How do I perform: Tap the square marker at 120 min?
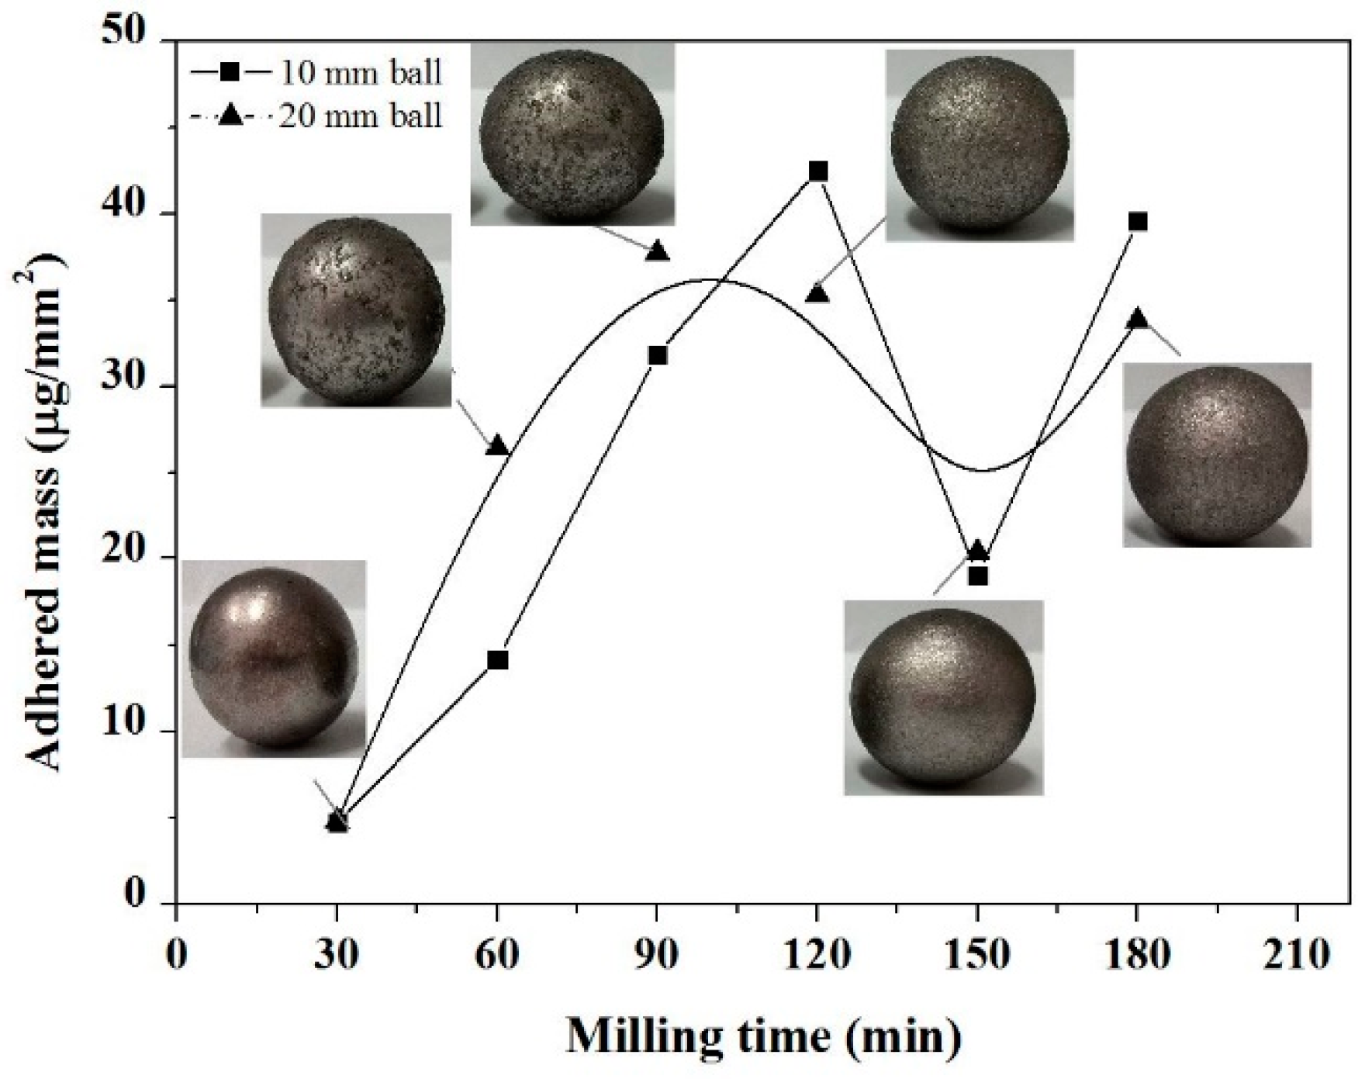point(817,171)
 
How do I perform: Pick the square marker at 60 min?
point(497,660)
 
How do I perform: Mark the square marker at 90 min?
point(658,355)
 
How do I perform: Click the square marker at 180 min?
point(1138,222)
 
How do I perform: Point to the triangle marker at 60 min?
point(497,446)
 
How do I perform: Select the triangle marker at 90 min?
point(658,251)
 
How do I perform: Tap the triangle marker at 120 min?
point(817,293)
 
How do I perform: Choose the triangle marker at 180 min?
point(1138,318)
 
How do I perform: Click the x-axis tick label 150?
point(977,953)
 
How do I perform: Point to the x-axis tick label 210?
point(1298,953)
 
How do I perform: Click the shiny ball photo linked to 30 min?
point(274,658)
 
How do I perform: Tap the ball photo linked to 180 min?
point(1217,455)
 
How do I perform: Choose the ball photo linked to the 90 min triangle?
point(572,134)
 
